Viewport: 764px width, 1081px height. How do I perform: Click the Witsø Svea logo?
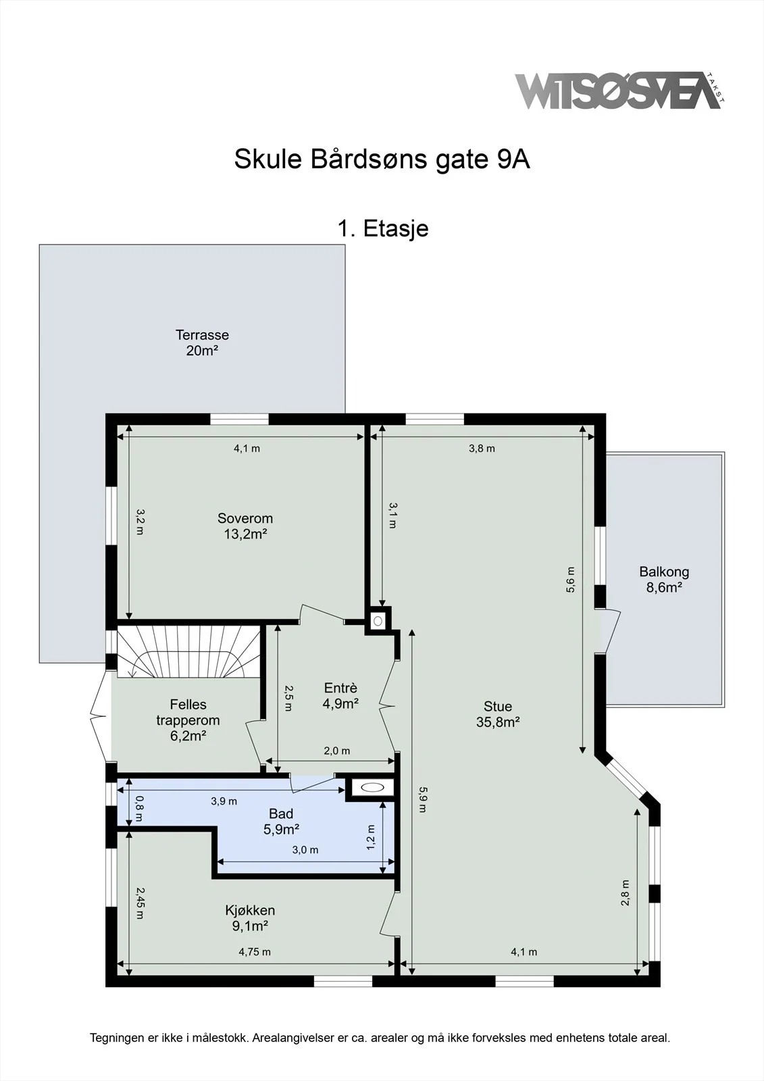[x=619, y=91]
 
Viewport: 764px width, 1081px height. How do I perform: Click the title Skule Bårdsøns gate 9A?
[x=382, y=159]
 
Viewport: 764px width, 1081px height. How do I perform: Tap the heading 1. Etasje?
[x=383, y=228]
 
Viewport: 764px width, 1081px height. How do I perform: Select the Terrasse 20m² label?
[x=202, y=343]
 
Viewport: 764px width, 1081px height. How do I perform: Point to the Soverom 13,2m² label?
[x=245, y=526]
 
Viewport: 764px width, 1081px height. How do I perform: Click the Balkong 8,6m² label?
[x=664, y=580]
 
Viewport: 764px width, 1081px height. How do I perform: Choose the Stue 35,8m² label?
[x=498, y=714]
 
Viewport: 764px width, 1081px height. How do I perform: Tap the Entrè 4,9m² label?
[x=340, y=696]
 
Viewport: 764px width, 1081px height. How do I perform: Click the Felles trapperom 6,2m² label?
[x=188, y=720]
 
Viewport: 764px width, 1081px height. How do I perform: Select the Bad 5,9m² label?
[x=281, y=822]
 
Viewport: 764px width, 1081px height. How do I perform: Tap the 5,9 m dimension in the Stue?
[x=422, y=800]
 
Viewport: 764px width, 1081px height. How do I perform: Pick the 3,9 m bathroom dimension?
[x=224, y=801]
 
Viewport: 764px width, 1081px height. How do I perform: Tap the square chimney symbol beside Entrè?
[x=378, y=621]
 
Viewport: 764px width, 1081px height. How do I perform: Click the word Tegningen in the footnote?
[x=117, y=1038]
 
